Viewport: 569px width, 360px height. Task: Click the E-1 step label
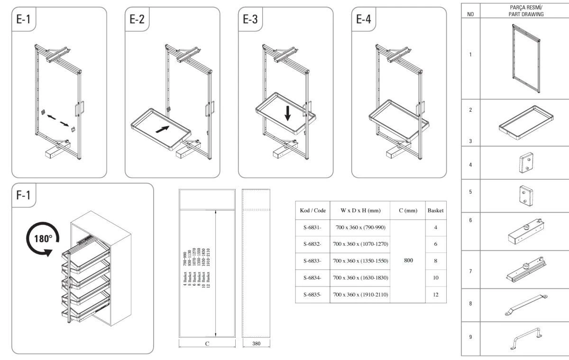24,20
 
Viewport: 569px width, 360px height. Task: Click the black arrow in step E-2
162,129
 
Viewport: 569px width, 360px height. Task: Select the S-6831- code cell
312,228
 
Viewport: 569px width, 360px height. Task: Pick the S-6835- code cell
312,295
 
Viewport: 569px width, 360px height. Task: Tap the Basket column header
435,210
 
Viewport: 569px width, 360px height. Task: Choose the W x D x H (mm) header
360,210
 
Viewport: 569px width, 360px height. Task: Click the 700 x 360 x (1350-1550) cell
360,261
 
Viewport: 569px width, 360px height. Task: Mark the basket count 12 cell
435,295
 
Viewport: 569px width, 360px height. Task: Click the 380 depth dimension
256,344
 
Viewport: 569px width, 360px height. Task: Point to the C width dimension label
207,344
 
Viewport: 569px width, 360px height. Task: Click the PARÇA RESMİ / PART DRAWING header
524,11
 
